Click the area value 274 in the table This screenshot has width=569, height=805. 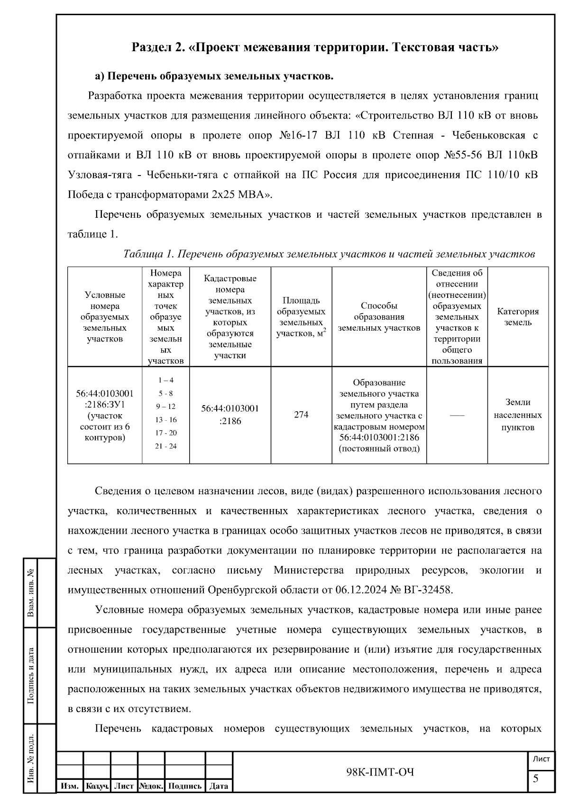tap(301, 415)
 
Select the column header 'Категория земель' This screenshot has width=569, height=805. tap(518, 317)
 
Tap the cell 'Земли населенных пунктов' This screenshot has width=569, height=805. tap(518, 415)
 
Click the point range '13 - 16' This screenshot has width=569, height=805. tap(165, 420)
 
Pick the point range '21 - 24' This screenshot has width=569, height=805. tap(165, 446)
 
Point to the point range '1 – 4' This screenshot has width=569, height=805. tap(165, 380)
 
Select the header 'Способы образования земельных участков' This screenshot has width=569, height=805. tap(379, 317)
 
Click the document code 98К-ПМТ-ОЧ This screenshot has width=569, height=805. tap(380, 773)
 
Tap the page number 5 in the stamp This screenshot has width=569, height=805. tap(536, 778)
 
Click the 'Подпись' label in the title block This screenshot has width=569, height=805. tap(185, 786)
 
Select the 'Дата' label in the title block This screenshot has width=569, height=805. tap(219, 786)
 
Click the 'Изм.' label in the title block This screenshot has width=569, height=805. tap(70, 786)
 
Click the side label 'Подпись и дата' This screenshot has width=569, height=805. tap(31, 675)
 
